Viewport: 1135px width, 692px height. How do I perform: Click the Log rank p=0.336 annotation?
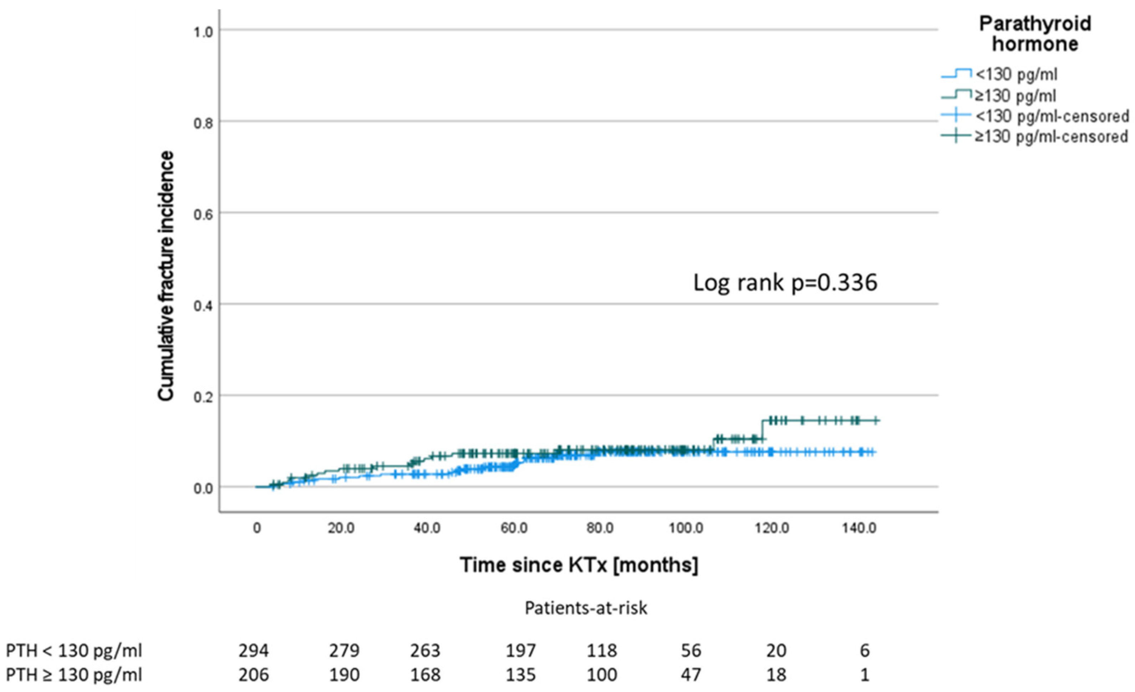click(x=785, y=283)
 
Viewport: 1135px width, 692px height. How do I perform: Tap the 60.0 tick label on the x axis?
click(x=514, y=528)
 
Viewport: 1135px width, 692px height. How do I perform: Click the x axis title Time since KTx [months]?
click(x=579, y=565)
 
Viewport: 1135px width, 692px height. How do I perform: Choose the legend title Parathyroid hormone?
click(x=1034, y=34)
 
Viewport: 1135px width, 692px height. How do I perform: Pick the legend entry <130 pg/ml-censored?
click(x=1052, y=116)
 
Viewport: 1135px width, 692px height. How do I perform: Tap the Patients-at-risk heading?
click(x=586, y=608)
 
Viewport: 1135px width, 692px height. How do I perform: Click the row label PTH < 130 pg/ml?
click(x=74, y=651)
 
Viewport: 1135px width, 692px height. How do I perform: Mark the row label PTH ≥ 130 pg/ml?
click(x=74, y=675)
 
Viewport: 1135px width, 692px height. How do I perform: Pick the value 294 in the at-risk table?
click(x=253, y=651)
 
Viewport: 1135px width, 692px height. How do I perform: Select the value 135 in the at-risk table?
click(x=520, y=675)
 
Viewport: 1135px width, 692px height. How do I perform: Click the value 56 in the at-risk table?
click(x=691, y=651)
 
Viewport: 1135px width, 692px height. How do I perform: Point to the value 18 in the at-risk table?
click(x=776, y=675)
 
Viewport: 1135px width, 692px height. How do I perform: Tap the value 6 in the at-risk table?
click(x=865, y=651)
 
